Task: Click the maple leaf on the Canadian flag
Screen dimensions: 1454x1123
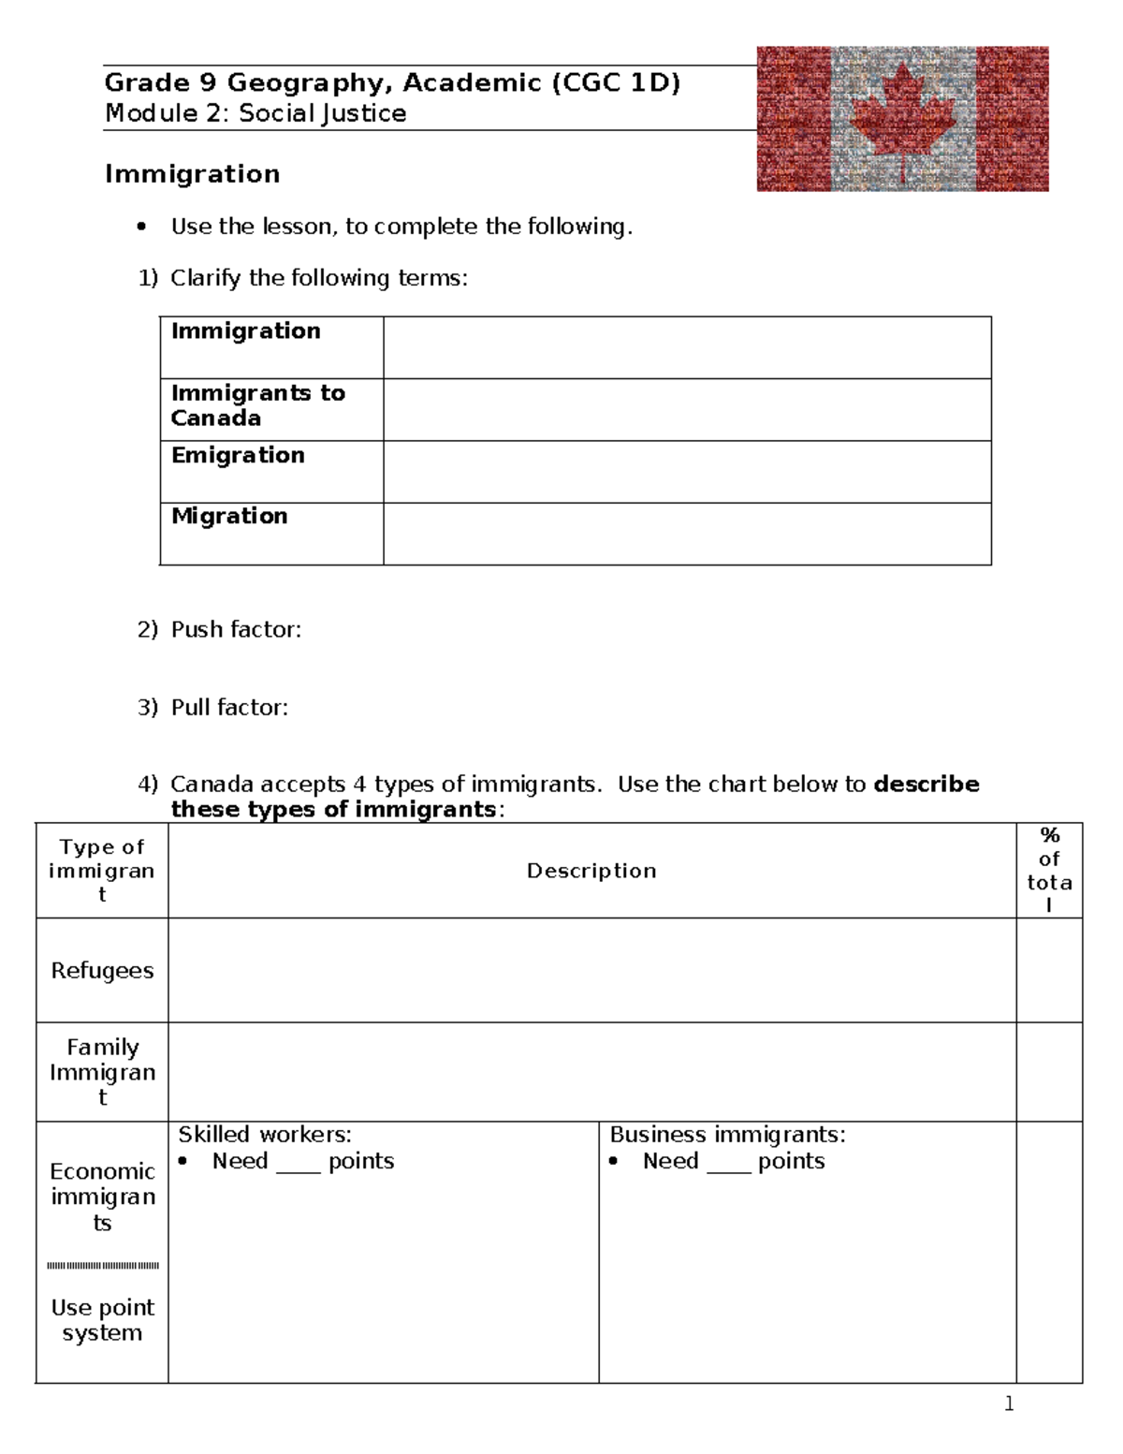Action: [903, 119]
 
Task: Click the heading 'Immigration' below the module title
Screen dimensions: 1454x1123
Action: [192, 174]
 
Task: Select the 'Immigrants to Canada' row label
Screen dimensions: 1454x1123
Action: [257, 405]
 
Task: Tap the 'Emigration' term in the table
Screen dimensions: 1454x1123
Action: [238, 455]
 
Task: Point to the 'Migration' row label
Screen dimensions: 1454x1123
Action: [229, 516]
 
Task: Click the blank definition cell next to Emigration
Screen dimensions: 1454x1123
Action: [687, 472]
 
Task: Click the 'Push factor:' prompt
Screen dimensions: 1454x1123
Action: [236, 629]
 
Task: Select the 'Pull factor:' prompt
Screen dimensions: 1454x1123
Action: [229, 707]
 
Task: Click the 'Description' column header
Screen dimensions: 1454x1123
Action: [591, 871]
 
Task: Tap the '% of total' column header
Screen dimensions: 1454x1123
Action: [1049, 870]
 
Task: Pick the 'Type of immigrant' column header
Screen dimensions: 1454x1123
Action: [102, 871]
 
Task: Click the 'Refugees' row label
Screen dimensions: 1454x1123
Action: [102, 971]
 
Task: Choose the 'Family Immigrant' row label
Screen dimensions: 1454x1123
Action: [102, 1072]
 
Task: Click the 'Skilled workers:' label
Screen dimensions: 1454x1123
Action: [265, 1135]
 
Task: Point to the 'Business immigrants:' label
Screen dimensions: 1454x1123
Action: [727, 1135]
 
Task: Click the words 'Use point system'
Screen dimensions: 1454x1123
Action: [102, 1320]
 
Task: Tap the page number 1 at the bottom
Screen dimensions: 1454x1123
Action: [1009, 1403]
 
